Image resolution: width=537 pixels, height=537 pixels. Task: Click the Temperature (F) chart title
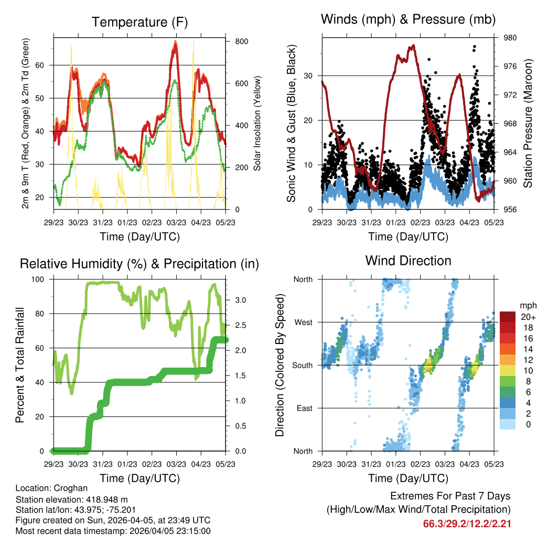pos(139,23)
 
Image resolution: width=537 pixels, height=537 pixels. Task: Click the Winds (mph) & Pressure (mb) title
pos(409,20)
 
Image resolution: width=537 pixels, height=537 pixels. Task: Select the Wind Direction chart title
pos(408,261)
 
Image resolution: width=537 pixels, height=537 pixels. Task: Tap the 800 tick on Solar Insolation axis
pos(241,41)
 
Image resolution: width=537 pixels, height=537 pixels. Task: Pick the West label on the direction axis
pos(303,322)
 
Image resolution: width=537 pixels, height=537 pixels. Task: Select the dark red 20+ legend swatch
pos(507,316)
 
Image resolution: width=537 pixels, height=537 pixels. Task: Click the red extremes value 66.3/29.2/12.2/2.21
pos(467,523)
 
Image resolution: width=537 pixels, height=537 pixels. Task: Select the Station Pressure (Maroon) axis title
pos(528,123)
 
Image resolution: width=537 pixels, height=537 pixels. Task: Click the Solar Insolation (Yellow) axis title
pos(257,123)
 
